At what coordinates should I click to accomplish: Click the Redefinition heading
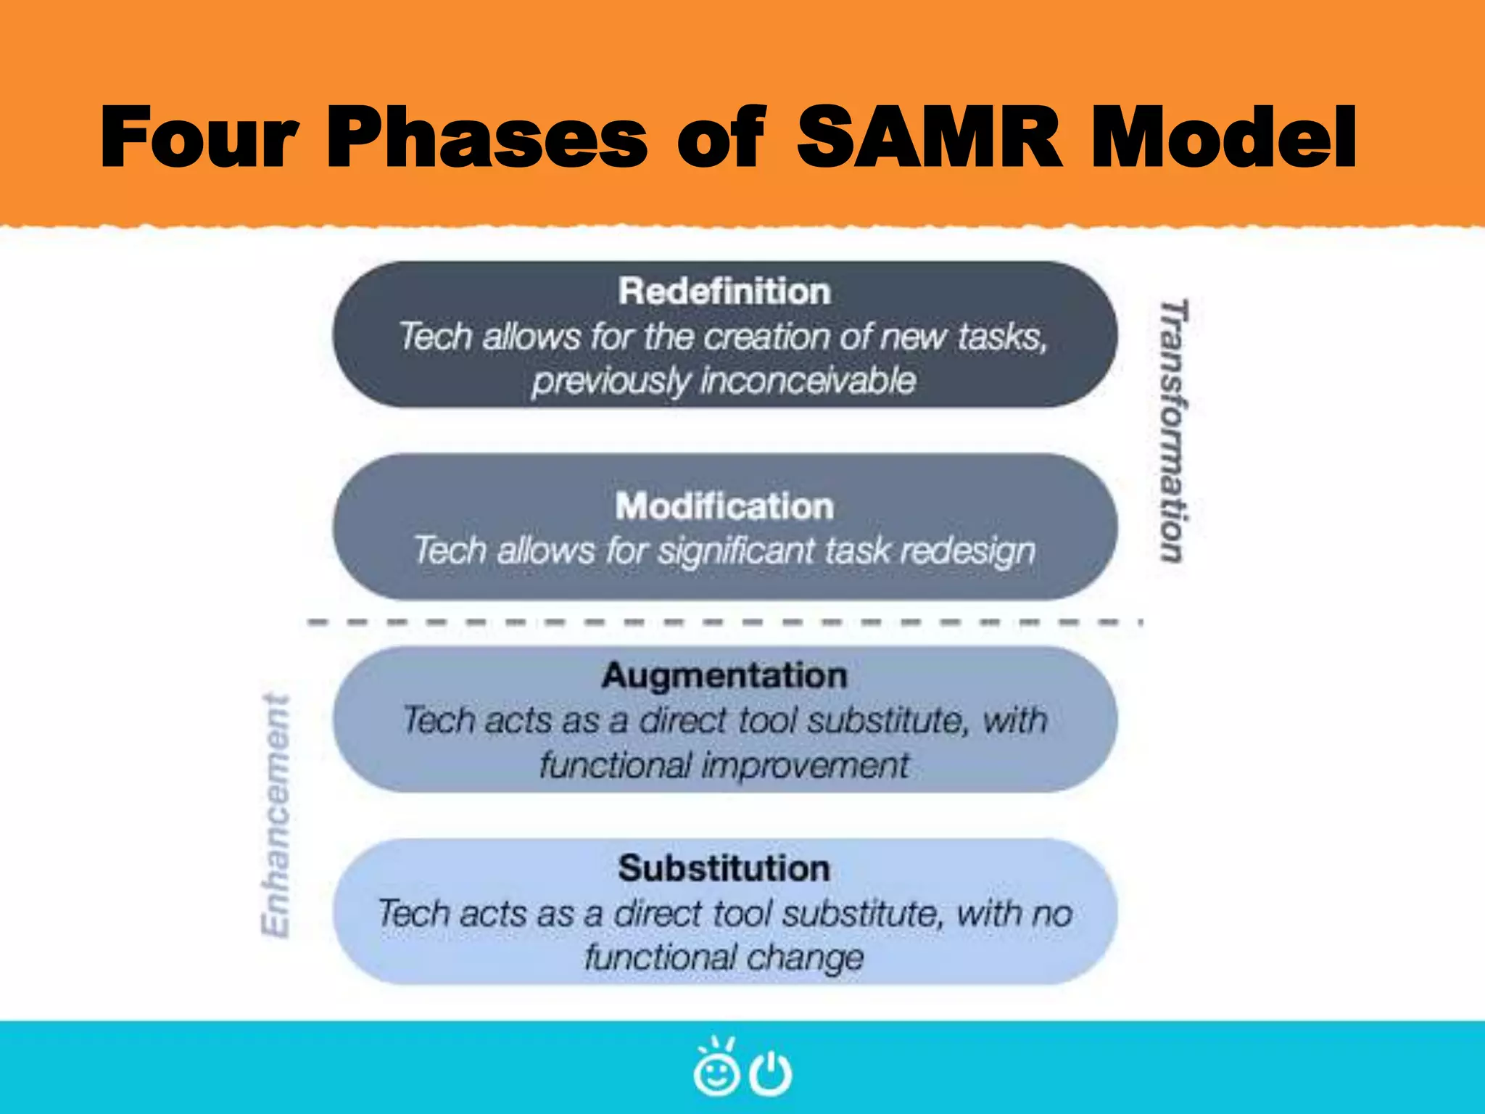(x=724, y=292)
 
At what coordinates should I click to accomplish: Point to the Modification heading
(x=724, y=506)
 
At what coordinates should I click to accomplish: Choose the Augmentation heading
(x=724, y=676)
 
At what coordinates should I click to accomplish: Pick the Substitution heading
(x=724, y=868)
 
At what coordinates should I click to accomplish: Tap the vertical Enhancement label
(x=276, y=816)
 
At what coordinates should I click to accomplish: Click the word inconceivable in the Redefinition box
(x=808, y=381)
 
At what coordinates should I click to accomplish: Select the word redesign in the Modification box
(x=968, y=551)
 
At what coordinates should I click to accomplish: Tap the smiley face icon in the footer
(x=716, y=1069)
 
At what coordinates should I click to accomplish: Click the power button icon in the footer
(x=770, y=1073)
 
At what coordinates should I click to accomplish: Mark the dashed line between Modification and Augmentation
(x=724, y=622)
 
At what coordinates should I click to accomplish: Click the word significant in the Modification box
(x=736, y=551)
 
